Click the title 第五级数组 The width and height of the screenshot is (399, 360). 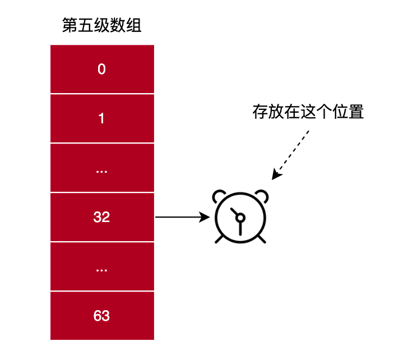[x=102, y=25]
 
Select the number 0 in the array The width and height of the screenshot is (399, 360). [x=101, y=69]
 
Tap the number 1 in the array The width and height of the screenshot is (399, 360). [x=101, y=118]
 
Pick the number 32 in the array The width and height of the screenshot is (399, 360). [x=101, y=217]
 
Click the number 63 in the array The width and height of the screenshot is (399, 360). [x=101, y=316]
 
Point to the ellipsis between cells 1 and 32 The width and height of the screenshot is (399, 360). [x=101, y=172]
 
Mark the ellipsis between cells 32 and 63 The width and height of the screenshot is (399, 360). [x=101, y=270]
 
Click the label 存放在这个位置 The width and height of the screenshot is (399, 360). [x=308, y=112]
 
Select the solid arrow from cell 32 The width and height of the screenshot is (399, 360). [x=183, y=217]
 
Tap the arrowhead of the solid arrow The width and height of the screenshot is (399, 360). [x=205, y=217]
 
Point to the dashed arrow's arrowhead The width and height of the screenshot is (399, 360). [x=276, y=174]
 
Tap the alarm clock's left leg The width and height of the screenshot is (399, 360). [x=219, y=239]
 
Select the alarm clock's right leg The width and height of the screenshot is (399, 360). [x=262, y=239]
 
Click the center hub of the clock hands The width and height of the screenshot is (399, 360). [x=240, y=218]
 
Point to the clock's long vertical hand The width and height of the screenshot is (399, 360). [x=240, y=228]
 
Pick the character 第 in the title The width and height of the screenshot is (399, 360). [x=70, y=25]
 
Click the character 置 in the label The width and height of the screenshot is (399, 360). [x=356, y=112]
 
